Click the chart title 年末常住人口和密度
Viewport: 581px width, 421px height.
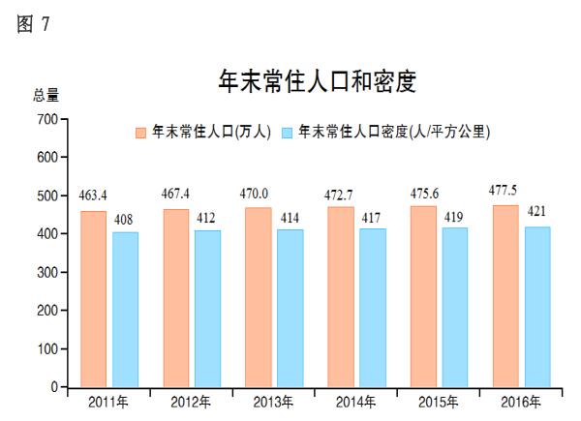[318, 81]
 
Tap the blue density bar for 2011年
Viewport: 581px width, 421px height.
[125, 309]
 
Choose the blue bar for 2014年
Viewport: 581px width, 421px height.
[373, 307]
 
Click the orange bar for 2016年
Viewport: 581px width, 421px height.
[505, 295]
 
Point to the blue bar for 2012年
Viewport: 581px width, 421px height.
[207, 308]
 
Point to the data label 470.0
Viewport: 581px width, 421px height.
[257, 194]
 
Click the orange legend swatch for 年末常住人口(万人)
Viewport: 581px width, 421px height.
[141, 131]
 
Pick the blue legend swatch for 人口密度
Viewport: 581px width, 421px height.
[288, 131]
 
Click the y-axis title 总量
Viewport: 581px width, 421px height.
[46, 95]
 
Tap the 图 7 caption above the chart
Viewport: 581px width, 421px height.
[33, 24]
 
